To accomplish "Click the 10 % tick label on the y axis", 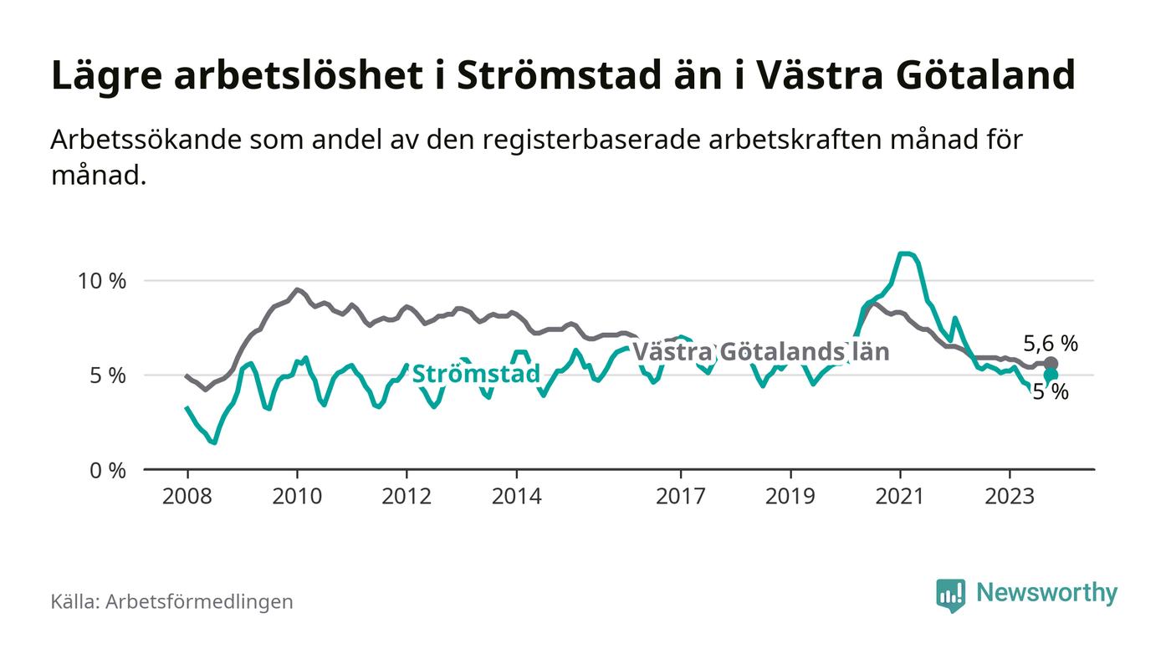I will click(102, 281).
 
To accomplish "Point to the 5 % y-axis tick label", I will click(107, 375).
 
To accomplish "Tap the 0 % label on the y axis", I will click(107, 470).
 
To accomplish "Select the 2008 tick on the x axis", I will click(187, 496).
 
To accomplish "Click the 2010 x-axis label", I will click(297, 496).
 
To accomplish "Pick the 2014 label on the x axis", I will click(517, 496).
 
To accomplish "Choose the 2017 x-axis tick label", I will click(681, 496).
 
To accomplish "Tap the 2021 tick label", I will click(900, 496).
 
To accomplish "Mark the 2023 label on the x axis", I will click(1010, 496).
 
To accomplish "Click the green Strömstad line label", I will click(476, 374).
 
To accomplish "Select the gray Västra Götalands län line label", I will click(760, 351).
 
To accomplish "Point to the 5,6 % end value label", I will click(1051, 343).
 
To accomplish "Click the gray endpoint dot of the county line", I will click(1051, 364).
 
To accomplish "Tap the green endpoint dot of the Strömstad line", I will click(1051, 375).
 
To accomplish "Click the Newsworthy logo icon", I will click(950, 595).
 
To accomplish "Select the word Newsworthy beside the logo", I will click(1046, 593).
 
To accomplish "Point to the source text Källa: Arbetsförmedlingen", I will click(171, 601).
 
